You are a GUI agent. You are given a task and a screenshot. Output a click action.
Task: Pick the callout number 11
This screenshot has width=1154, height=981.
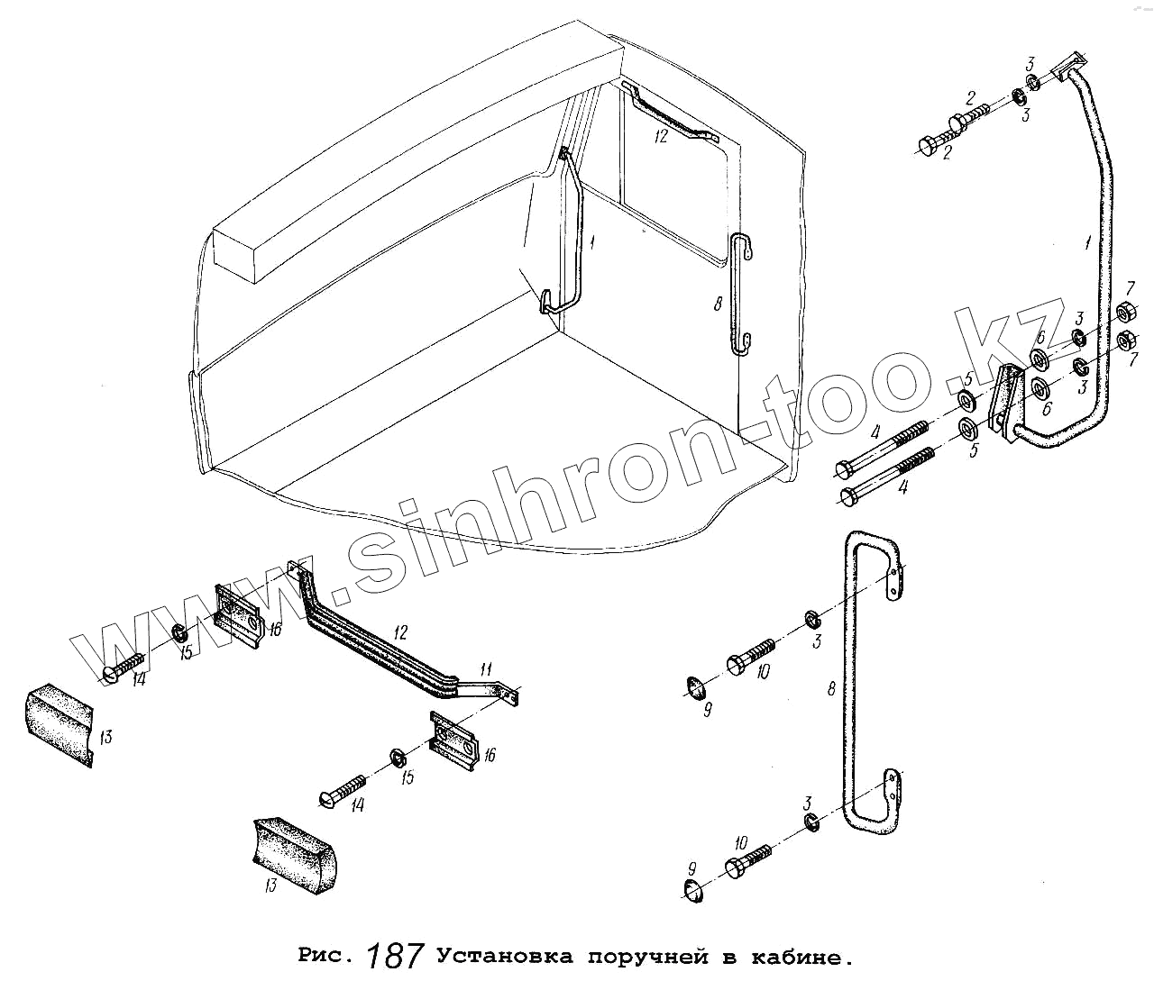tap(486, 669)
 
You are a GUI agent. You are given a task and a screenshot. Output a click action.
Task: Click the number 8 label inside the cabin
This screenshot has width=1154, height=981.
tap(718, 305)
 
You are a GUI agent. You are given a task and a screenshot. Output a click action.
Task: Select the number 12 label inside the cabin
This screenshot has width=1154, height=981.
tap(661, 135)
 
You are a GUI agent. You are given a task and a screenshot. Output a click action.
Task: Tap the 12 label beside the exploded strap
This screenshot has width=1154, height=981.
tap(400, 632)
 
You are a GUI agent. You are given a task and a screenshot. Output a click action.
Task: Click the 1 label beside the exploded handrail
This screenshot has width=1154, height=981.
tap(1087, 243)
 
